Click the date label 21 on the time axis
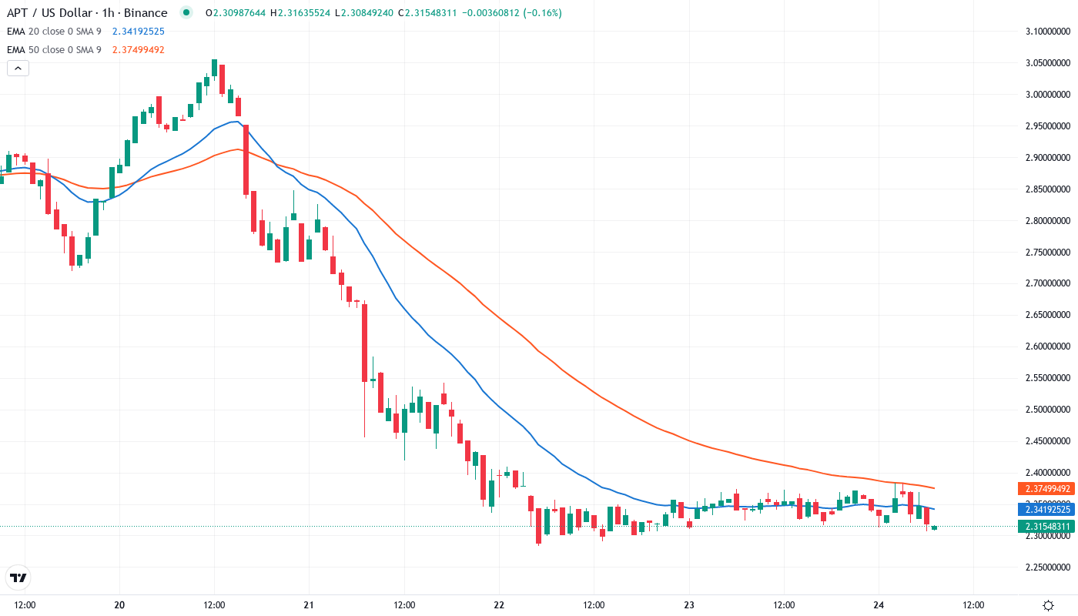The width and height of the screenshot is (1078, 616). (x=309, y=605)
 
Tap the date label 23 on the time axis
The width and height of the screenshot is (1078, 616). (x=689, y=605)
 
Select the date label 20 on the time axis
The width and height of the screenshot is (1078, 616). (x=119, y=605)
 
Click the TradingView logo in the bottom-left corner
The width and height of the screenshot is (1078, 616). (x=18, y=577)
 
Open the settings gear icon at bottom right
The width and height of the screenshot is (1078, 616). (x=1048, y=605)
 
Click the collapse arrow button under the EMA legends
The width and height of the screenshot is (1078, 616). (x=18, y=68)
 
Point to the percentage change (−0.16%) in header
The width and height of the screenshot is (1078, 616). (x=540, y=13)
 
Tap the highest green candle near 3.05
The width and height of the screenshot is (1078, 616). (x=214, y=69)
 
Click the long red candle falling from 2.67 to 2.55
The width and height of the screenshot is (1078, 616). (x=365, y=343)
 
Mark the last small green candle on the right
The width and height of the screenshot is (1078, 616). (x=934, y=528)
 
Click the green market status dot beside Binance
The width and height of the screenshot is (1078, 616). (x=186, y=12)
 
